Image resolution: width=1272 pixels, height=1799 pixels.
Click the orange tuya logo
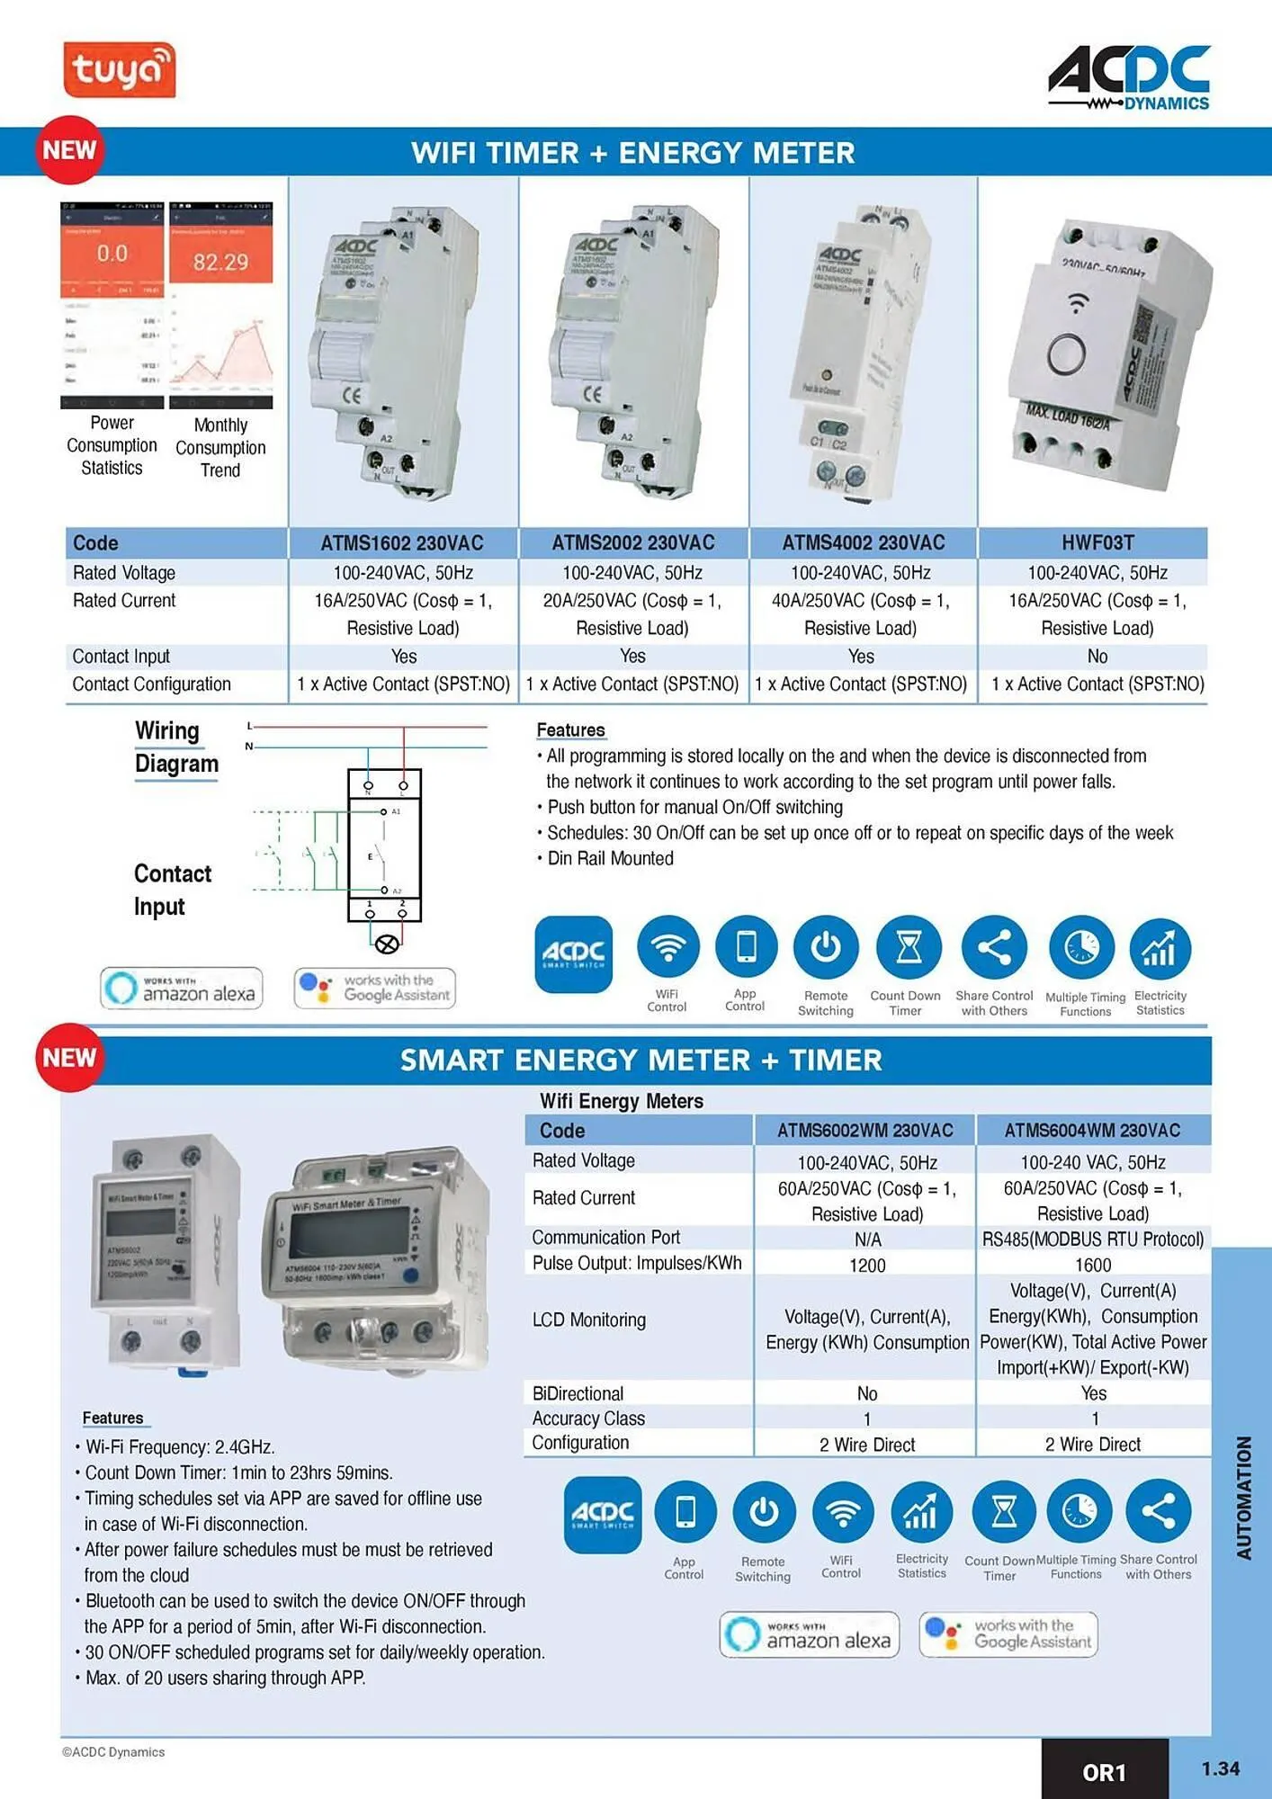click(119, 70)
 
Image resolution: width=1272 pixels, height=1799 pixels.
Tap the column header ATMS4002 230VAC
click(863, 542)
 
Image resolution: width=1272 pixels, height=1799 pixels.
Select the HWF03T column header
click(1097, 542)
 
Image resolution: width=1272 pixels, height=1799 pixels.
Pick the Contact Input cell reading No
click(1097, 657)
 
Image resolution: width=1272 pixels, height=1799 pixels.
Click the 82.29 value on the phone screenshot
click(220, 262)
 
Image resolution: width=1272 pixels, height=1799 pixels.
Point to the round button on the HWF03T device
click(1067, 358)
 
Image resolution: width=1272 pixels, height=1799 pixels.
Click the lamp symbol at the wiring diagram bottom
click(387, 944)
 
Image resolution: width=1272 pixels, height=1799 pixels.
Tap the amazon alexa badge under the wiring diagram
click(182, 989)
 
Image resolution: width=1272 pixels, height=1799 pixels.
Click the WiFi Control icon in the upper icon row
click(667, 947)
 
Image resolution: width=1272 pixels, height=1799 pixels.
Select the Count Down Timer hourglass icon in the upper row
click(909, 947)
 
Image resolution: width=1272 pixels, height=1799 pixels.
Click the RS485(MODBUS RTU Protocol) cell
click(1092, 1240)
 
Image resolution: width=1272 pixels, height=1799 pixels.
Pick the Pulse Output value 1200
click(866, 1266)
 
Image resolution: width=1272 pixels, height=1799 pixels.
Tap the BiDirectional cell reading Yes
click(1093, 1393)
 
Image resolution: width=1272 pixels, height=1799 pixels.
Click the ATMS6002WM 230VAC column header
click(864, 1131)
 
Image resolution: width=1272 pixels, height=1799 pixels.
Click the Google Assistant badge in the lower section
click(1008, 1634)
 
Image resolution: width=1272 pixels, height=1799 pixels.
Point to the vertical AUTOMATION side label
click(1244, 1498)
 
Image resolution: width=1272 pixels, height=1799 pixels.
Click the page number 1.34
click(1220, 1769)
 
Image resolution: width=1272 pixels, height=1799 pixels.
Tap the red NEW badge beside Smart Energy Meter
click(68, 1058)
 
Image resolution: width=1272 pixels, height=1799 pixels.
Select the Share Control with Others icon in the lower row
click(1159, 1511)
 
